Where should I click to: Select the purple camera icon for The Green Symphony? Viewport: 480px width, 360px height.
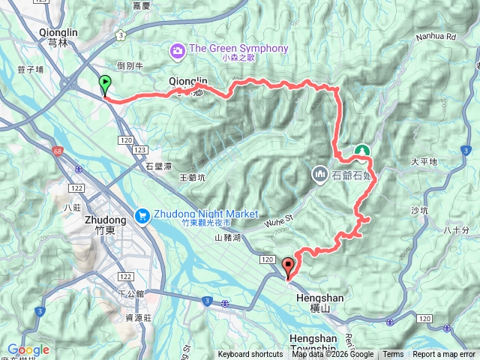(x=178, y=49)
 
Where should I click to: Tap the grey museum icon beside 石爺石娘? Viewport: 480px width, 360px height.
(x=320, y=175)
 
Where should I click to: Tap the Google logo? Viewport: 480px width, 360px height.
(x=28, y=349)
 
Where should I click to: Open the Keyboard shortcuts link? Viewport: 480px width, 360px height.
(x=250, y=355)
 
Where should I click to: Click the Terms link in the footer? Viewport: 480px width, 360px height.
(x=393, y=355)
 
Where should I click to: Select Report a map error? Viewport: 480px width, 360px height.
(x=444, y=355)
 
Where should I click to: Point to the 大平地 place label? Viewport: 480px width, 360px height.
(x=424, y=161)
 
